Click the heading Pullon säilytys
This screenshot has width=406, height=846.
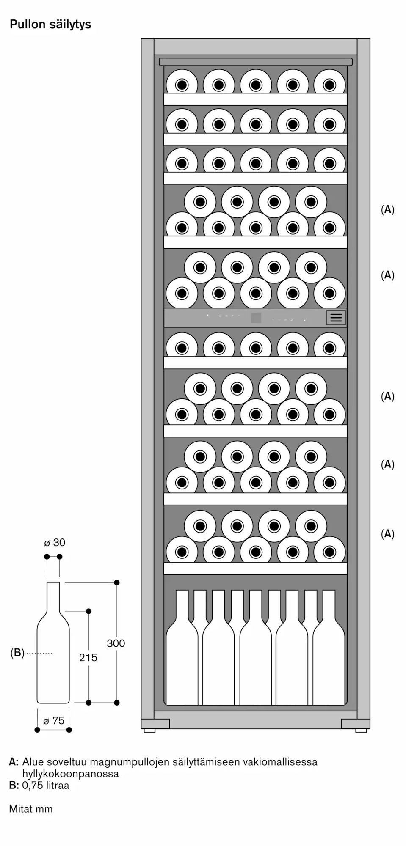click(x=50, y=25)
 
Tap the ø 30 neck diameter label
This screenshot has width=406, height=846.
click(x=55, y=542)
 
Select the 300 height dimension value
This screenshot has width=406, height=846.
click(x=116, y=643)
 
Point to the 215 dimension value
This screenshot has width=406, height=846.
click(x=88, y=657)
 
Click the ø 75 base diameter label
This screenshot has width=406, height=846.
click(x=54, y=720)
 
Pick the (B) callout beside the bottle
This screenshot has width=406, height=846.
click(x=17, y=653)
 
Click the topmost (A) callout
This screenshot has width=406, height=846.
click(x=387, y=209)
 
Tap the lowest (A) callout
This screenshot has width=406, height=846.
click(x=387, y=534)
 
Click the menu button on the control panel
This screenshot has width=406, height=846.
click(x=336, y=318)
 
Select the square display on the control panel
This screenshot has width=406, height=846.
click(x=256, y=318)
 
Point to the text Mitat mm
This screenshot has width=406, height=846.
click(x=31, y=809)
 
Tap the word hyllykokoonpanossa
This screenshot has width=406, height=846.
click(x=71, y=774)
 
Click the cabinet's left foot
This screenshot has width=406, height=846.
click(x=149, y=731)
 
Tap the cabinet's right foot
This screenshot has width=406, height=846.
click(x=361, y=731)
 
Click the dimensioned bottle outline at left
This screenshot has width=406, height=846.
click(x=53, y=643)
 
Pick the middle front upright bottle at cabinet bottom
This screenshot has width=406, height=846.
click(x=256, y=647)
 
